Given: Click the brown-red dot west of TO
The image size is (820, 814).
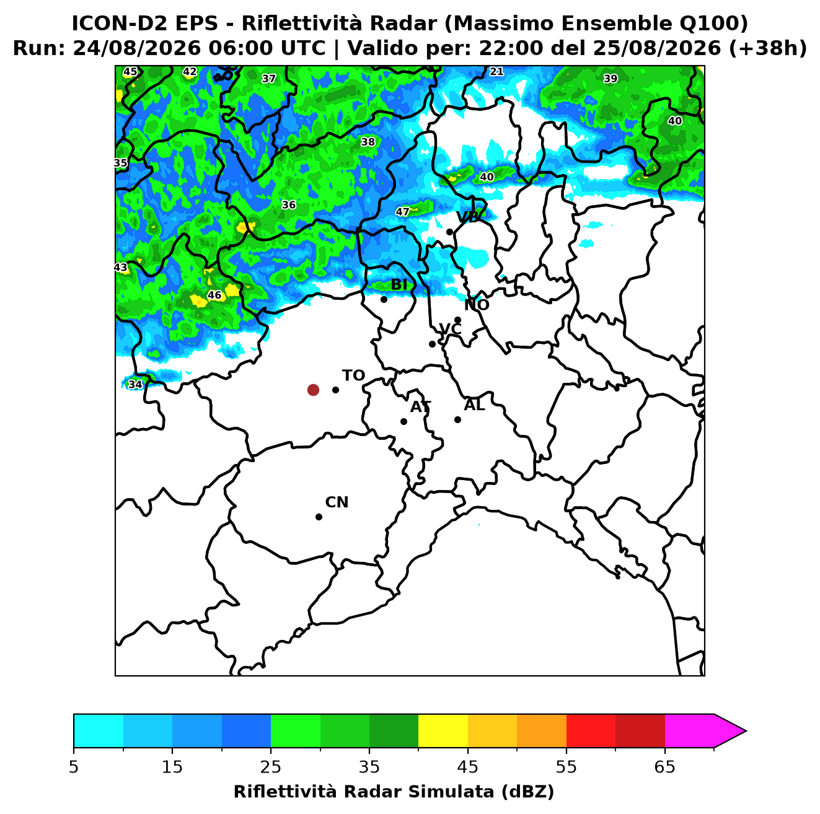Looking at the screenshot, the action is click(313, 390).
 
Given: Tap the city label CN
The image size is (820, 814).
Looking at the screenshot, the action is click(337, 502).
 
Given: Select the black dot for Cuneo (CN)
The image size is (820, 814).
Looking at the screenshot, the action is click(319, 517).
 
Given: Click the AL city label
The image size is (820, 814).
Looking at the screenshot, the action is click(474, 405).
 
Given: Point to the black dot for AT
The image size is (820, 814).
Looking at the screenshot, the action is click(404, 422).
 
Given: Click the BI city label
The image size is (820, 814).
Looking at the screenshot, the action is click(399, 285).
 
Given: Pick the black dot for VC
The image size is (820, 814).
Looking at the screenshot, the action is click(433, 344).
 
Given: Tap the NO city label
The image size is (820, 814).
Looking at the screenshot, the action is click(477, 305).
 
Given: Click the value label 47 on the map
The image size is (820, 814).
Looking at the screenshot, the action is click(402, 211).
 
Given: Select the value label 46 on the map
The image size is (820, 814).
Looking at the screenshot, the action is click(214, 295).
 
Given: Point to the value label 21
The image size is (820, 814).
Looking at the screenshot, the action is click(496, 71).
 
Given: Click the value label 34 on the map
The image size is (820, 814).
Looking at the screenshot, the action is click(135, 384).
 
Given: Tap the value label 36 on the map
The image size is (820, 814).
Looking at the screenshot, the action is click(288, 204).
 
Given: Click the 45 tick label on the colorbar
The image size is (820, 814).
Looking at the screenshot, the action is click(468, 767).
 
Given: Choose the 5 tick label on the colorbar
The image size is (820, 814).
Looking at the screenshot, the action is click(74, 767).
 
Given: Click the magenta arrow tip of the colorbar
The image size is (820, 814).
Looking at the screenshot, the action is click(746, 731).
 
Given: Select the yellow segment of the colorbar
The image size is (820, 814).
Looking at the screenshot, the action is click(443, 731).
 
